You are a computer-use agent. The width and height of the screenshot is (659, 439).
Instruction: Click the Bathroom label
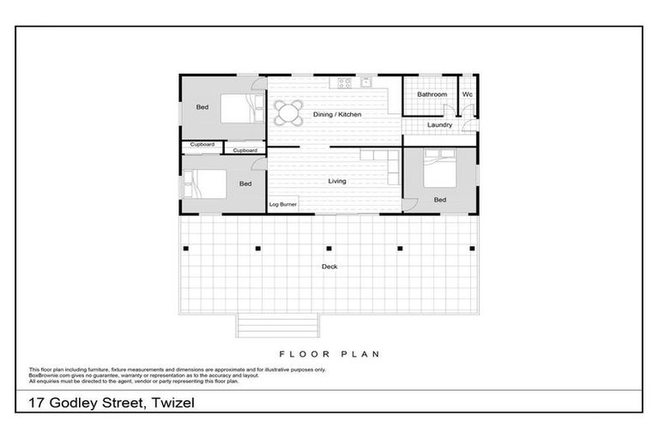click(432, 94)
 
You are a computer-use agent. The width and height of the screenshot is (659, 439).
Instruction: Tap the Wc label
click(468, 94)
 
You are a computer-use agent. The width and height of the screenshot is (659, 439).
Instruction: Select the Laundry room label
click(439, 125)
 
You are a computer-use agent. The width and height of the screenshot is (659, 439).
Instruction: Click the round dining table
click(289, 113)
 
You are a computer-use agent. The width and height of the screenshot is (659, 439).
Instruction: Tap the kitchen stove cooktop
click(345, 83)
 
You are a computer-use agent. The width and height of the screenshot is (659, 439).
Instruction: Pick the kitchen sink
click(366, 83)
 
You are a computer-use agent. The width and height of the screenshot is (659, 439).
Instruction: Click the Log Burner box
click(282, 205)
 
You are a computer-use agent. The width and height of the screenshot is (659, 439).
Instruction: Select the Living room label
click(337, 181)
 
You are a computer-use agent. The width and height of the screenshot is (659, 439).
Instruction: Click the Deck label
click(329, 267)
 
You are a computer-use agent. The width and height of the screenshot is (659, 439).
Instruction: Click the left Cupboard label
click(202, 145)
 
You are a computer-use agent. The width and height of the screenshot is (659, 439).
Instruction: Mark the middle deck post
click(329, 249)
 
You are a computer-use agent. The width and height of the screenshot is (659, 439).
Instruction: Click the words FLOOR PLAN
click(329, 353)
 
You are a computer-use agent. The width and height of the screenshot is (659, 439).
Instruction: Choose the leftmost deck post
click(185, 249)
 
